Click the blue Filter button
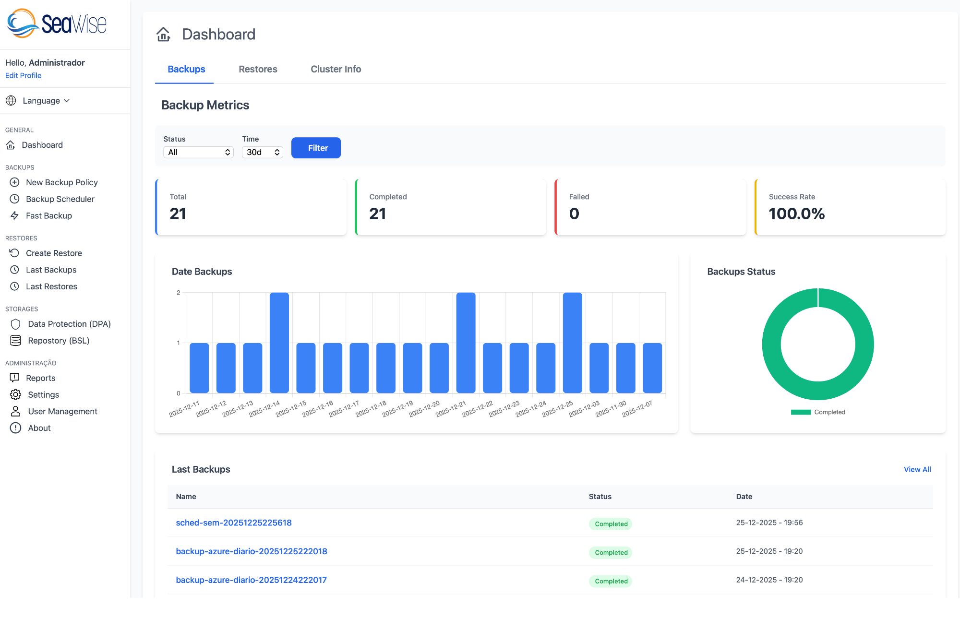[x=316, y=148]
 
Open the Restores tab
[x=258, y=69]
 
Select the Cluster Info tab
[x=336, y=69]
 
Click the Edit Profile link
[x=23, y=75]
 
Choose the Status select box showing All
[x=198, y=152]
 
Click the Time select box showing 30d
[x=262, y=152]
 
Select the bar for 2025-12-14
[x=279, y=343]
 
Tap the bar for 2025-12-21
[x=466, y=343]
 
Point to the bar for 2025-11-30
[x=625, y=368]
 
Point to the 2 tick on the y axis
[x=179, y=293]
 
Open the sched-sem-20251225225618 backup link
[x=234, y=523]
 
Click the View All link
[x=917, y=469]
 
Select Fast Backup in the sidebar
[x=48, y=216]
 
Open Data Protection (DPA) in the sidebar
[x=69, y=324]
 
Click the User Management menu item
[x=62, y=411]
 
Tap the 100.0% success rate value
[x=796, y=214]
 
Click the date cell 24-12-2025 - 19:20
[x=769, y=580]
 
